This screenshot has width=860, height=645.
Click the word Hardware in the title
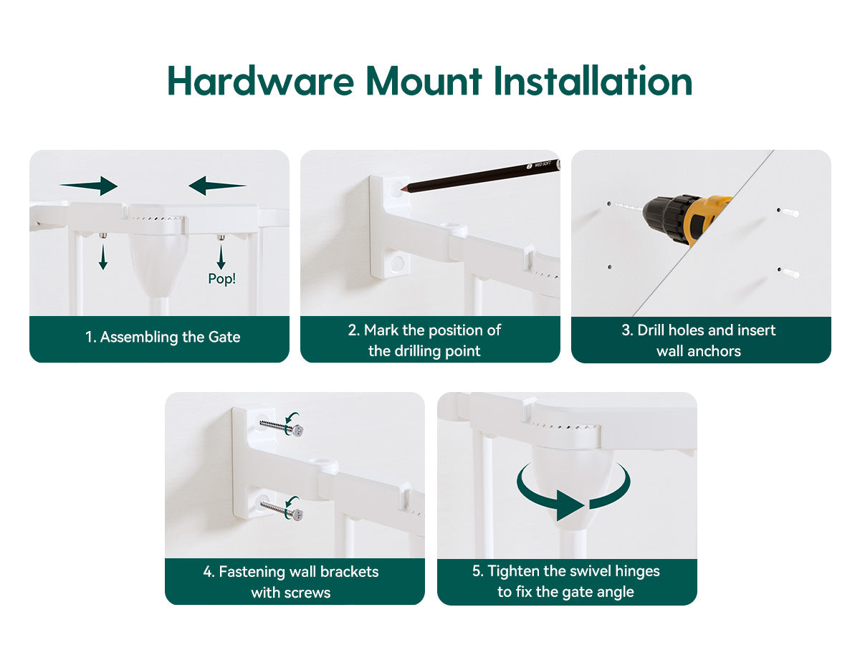pyautogui.click(x=261, y=81)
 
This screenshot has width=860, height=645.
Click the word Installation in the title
pyautogui.click(x=593, y=81)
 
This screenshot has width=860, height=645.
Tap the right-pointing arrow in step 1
pyautogui.click(x=89, y=185)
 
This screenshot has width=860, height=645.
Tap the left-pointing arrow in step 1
pyautogui.click(x=217, y=185)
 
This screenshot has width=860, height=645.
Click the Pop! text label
pyautogui.click(x=221, y=279)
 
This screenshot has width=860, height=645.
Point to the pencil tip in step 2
pyautogui.click(x=401, y=188)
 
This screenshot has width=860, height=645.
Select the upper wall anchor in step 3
pyautogui.click(x=788, y=212)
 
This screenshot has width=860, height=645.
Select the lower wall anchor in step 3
pyautogui.click(x=788, y=272)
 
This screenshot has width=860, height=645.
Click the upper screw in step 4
pyautogui.click(x=282, y=427)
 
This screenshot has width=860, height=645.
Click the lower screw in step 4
pyautogui.click(x=282, y=510)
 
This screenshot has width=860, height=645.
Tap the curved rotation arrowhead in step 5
pyautogui.click(x=570, y=505)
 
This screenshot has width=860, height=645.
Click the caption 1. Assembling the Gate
pyautogui.click(x=163, y=337)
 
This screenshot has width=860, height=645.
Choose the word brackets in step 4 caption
pyautogui.click(x=350, y=572)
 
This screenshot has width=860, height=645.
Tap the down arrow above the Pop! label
pyautogui.click(x=221, y=257)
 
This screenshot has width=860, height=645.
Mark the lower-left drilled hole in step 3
pyautogui.click(x=610, y=267)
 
